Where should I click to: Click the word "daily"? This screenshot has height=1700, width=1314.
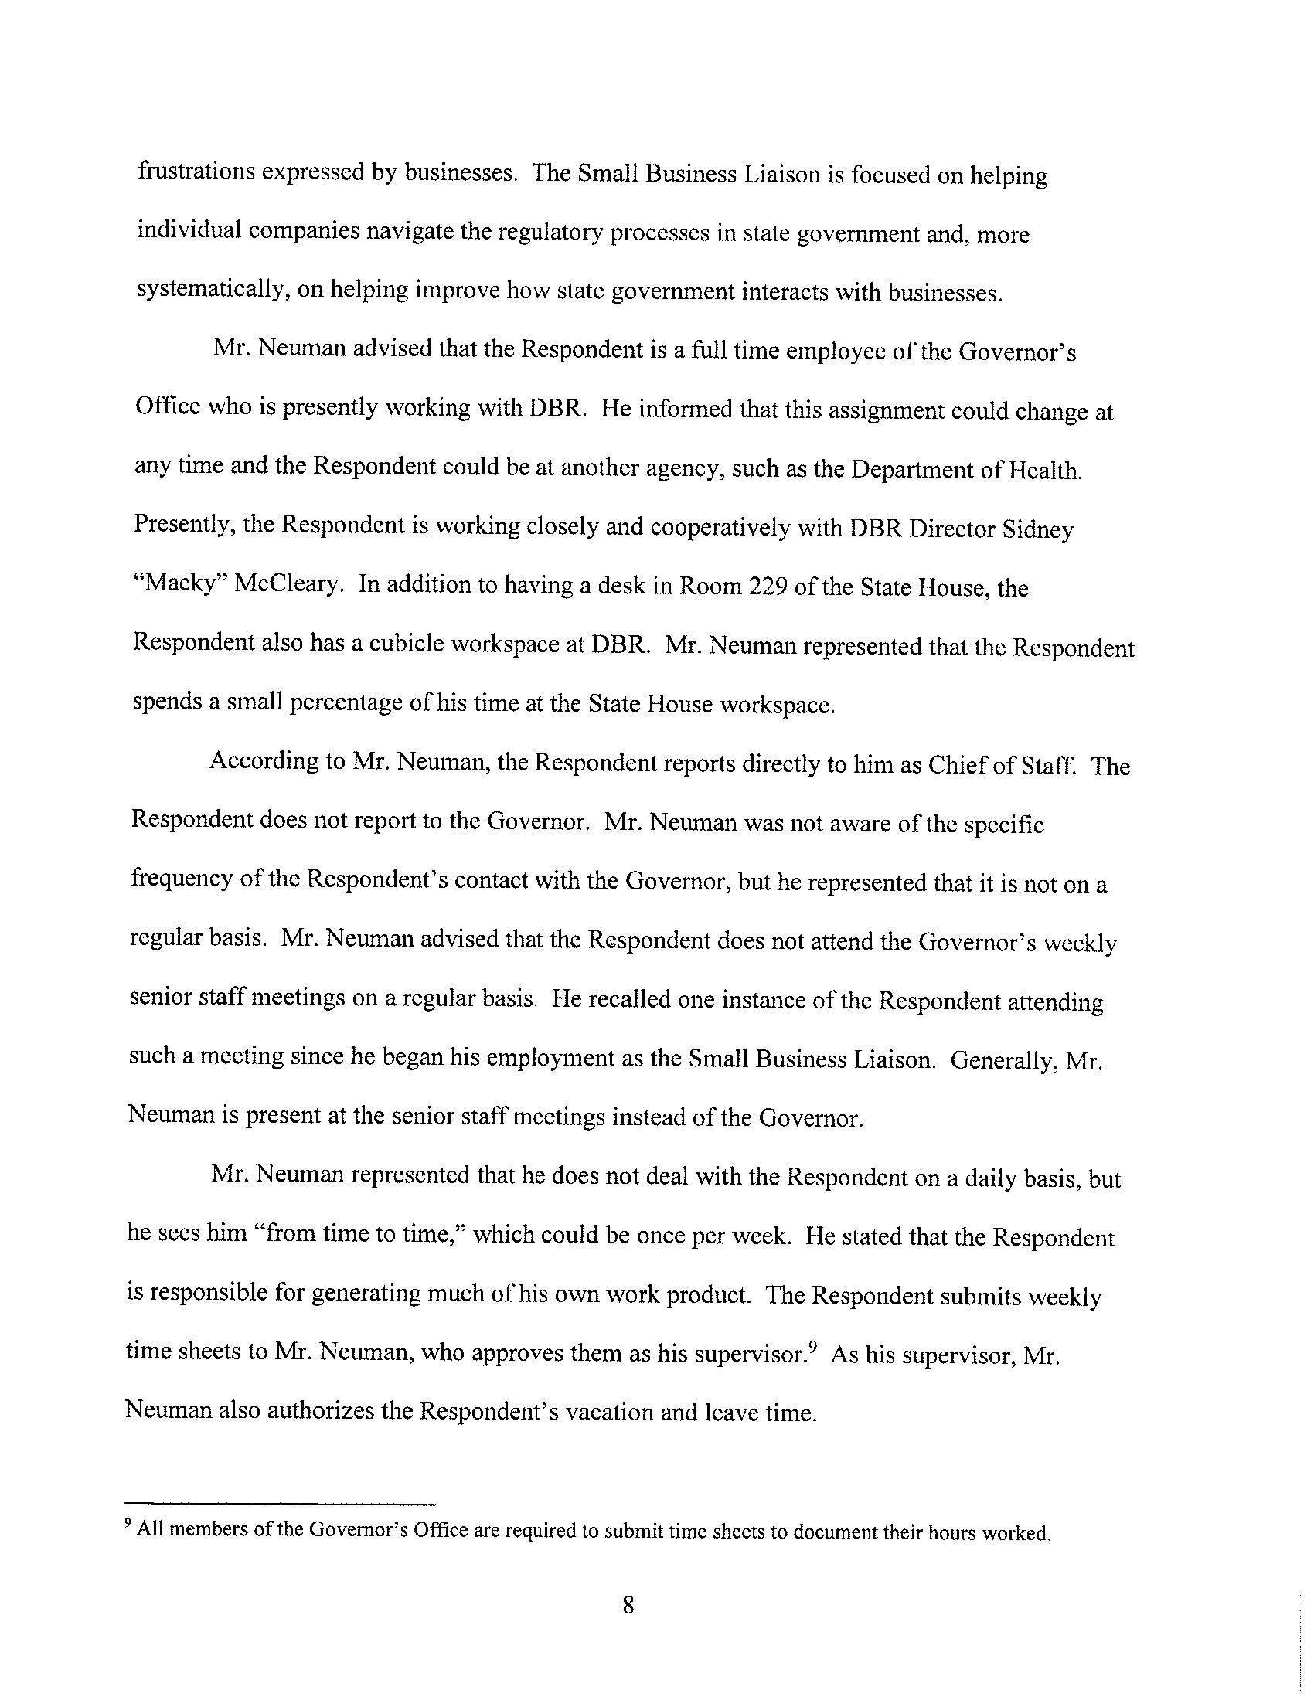point(996,1178)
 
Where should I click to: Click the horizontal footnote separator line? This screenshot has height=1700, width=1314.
point(281,1504)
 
